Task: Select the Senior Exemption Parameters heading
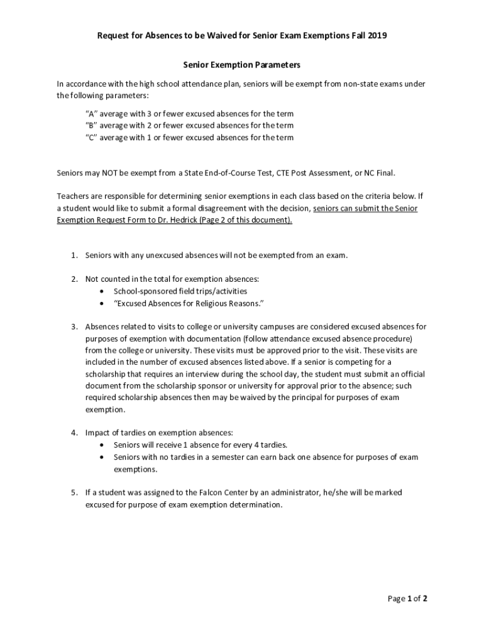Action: point(241,65)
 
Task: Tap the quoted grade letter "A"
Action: point(91,114)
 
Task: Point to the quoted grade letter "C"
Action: point(91,137)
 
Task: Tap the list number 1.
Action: point(73,255)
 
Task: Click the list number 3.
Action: point(73,326)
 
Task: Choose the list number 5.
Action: point(73,492)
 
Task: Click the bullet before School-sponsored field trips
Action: point(102,291)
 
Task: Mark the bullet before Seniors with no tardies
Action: point(102,457)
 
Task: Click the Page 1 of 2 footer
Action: point(407,599)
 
